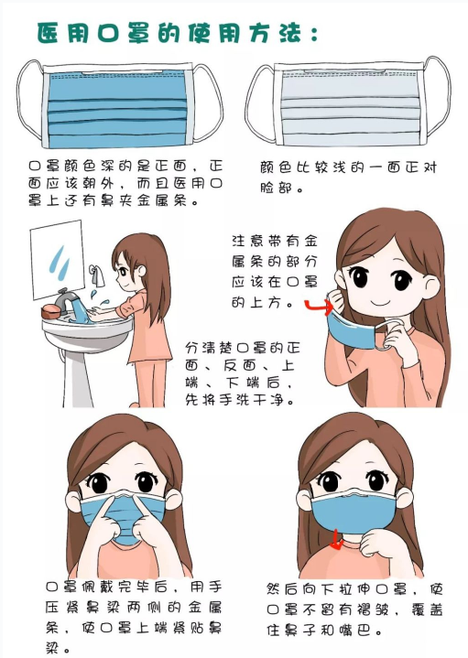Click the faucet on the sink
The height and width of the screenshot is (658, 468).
pos(65,299)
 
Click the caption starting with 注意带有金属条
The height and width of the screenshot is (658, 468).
pos(274,270)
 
